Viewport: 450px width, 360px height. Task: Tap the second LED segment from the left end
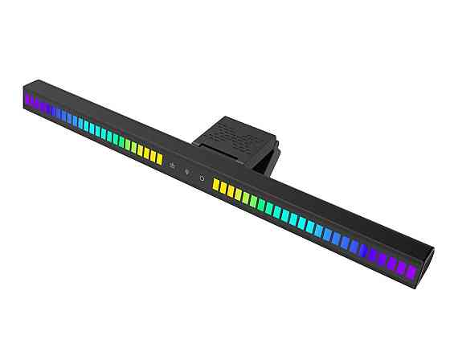click(x=35, y=104)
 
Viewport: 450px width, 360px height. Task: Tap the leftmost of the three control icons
click(x=172, y=166)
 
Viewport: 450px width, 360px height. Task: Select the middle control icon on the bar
click(x=186, y=171)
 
